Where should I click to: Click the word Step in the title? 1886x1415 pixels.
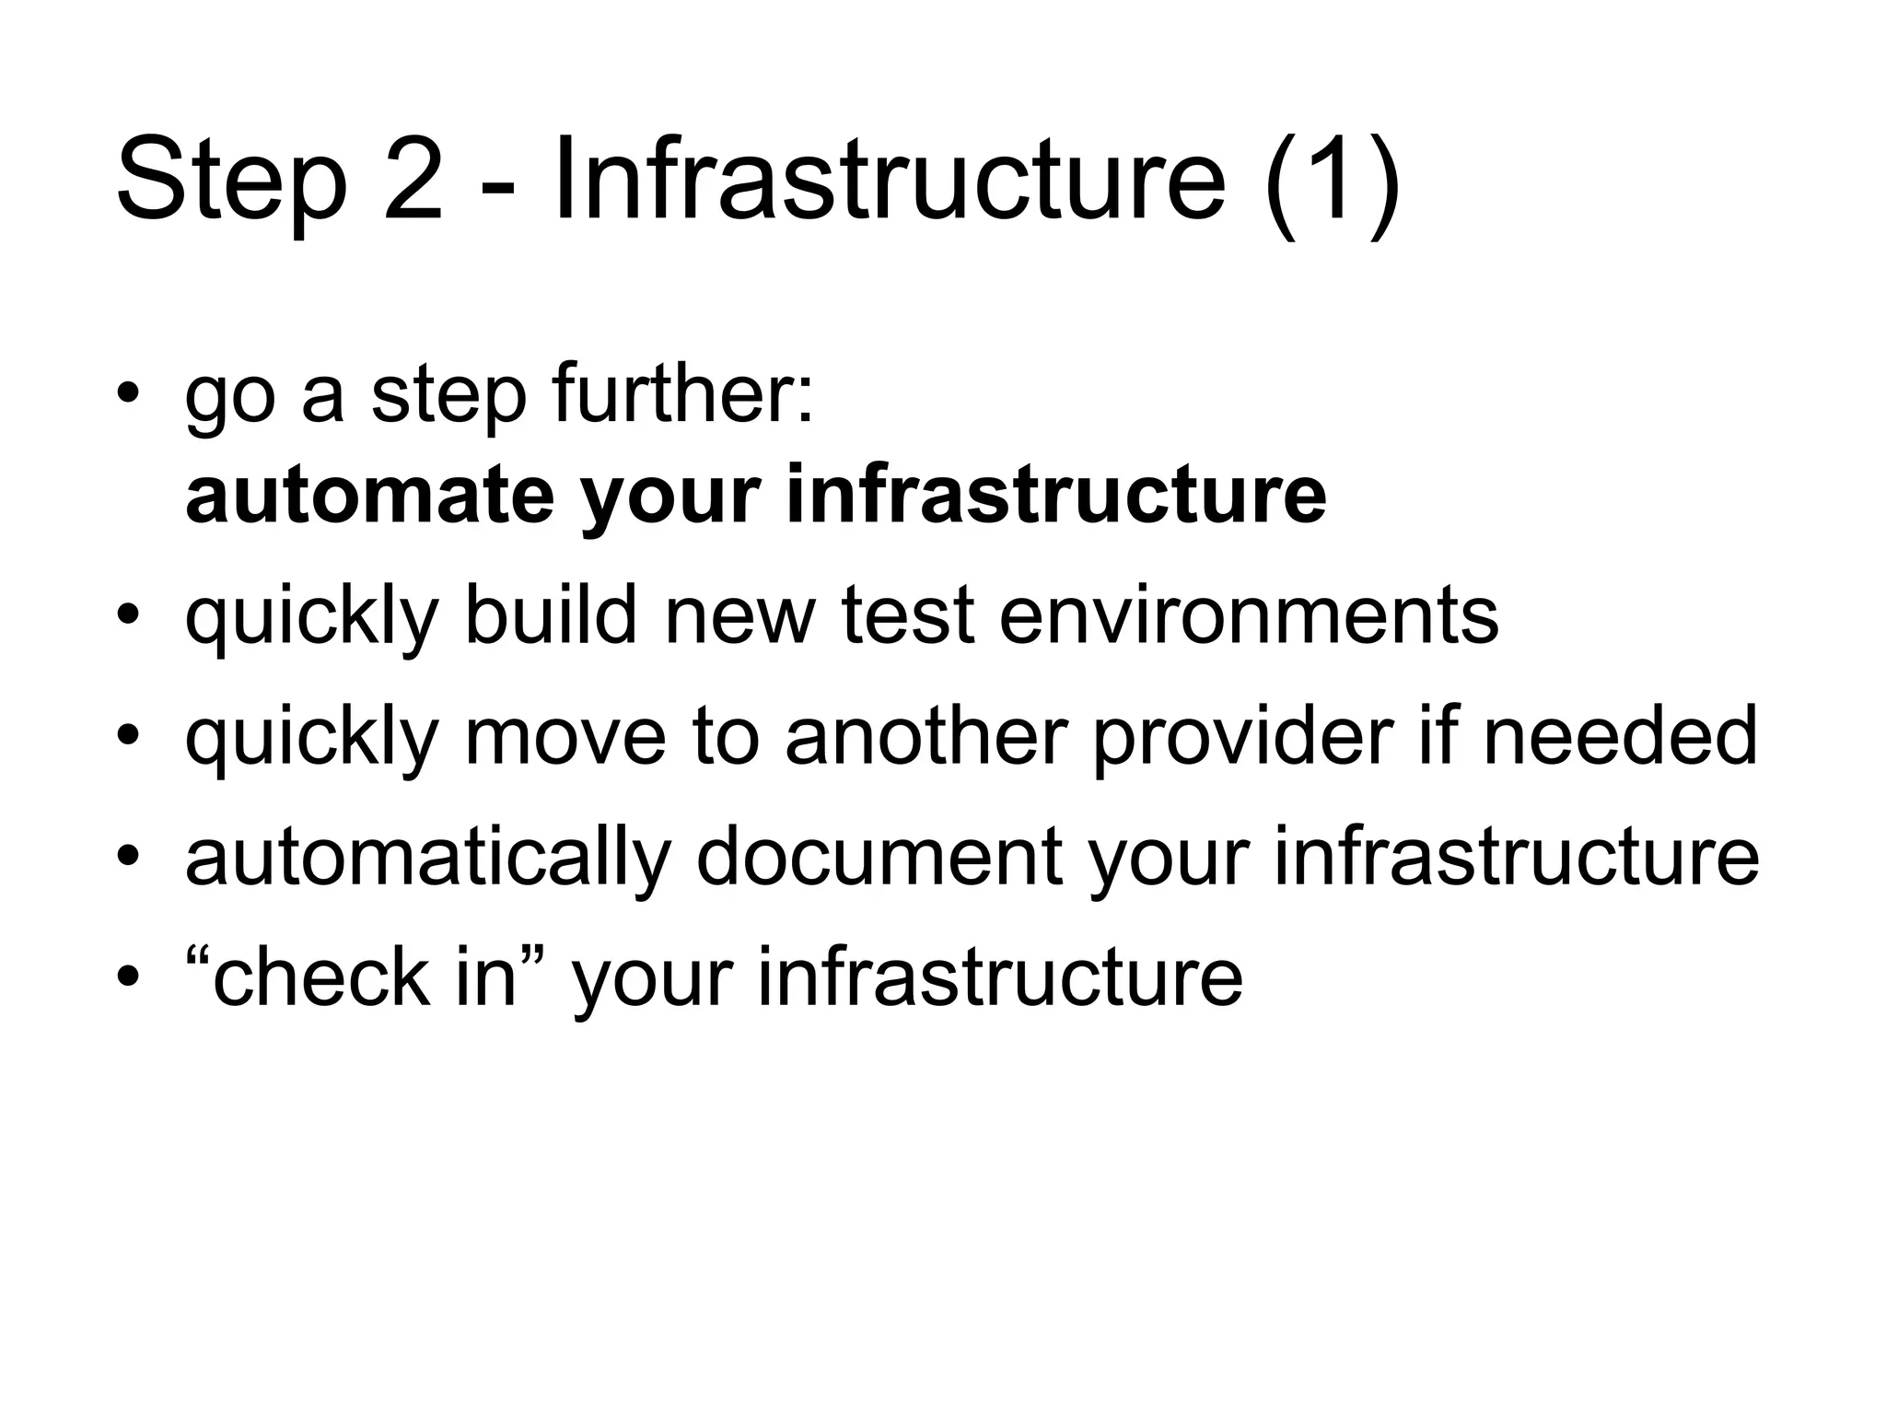pos(231,180)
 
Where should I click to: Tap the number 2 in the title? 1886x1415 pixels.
pos(413,180)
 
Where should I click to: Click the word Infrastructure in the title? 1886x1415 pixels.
pos(889,180)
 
